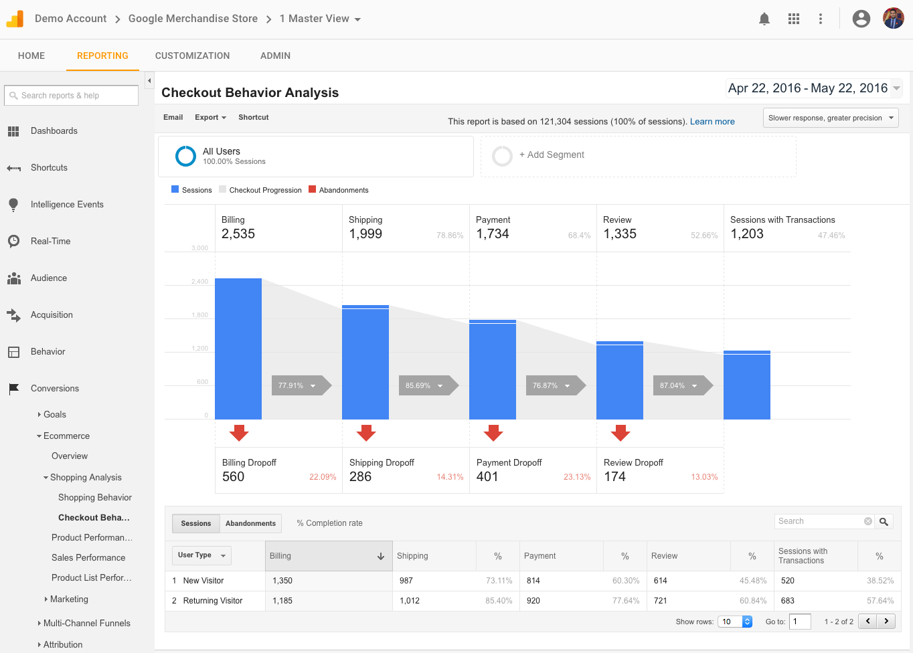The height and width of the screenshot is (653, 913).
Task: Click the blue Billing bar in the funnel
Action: click(238, 348)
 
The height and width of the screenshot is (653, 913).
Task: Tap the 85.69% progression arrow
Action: click(426, 385)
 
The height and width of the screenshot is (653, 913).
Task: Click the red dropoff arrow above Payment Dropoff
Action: click(493, 433)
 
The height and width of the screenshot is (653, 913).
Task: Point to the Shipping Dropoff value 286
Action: click(360, 476)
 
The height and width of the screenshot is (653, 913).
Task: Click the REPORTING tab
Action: click(102, 56)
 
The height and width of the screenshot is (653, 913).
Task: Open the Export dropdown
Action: click(210, 117)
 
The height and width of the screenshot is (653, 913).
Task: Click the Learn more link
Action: click(712, 121)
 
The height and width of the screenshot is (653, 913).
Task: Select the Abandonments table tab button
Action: click(250, 523)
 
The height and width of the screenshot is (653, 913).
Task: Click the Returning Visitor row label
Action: click(213, 601)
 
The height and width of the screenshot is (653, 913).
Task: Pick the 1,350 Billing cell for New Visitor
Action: click(282, 581)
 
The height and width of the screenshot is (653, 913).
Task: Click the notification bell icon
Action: click(764, 19)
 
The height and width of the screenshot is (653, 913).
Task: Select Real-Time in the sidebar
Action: click(50, 241)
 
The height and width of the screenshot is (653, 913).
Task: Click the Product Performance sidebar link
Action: click(92, 537)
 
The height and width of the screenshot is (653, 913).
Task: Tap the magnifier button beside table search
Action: click(884, 521)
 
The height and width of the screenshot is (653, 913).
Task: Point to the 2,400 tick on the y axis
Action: click(199, 282)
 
